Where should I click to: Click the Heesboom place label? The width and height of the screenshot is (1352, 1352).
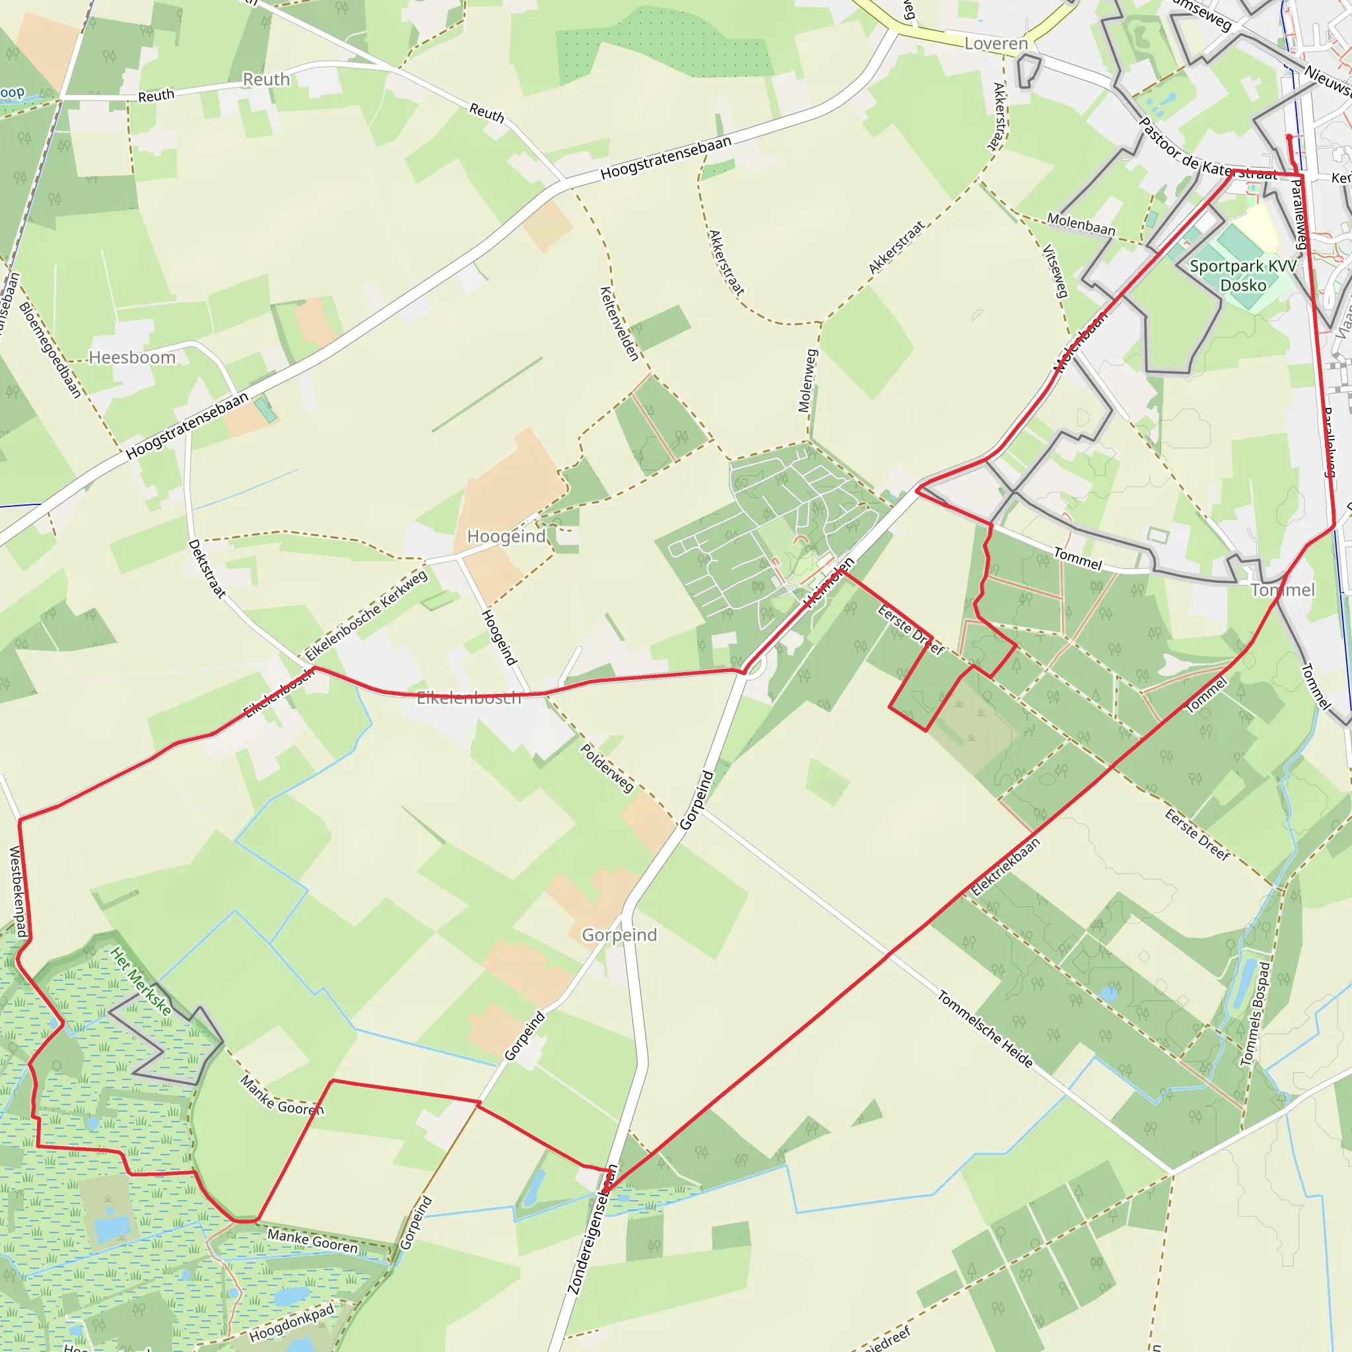coord(131,358)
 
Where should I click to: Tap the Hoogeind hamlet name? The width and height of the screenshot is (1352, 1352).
coord(506,537)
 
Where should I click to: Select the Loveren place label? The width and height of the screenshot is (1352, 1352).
coord(996,44)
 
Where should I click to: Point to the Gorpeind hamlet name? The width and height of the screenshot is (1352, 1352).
coord(619,935)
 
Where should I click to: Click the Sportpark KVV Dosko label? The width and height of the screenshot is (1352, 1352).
coord(1243,276)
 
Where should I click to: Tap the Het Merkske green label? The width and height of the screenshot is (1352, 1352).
coord(141,981)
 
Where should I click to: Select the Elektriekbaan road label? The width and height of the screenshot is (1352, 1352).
coord(1005,867)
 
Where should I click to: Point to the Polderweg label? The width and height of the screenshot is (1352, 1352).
coord(607,768)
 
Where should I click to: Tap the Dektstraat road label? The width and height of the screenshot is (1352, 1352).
coord(207,569)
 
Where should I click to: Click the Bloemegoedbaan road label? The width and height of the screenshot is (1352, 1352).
coord(50,350)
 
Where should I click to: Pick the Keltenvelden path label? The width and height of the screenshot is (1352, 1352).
coord(619,323)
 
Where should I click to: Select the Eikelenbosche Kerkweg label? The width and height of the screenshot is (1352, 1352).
coord(366,615)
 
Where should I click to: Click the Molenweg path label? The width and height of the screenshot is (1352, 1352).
coord(807,381)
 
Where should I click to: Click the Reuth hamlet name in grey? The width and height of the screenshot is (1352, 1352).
coord(266,80)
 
